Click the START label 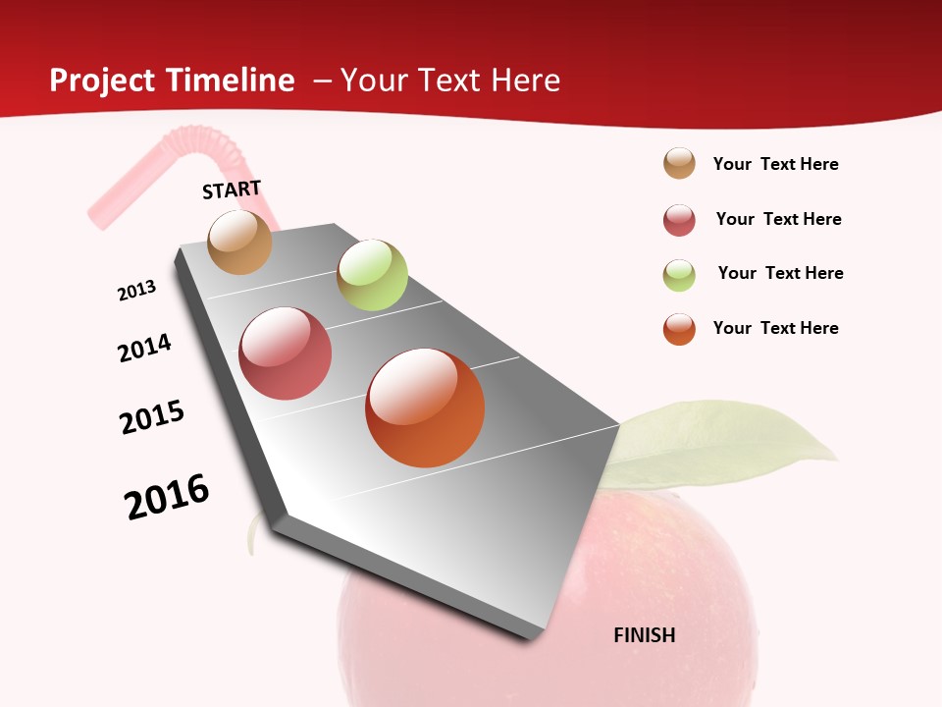click(232, 190)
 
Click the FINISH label click(645, 635)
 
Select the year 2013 click(137, 290)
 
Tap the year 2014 click(145, 348)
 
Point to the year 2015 click(152, 417)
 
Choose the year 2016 click(167, 497)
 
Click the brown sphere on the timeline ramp click(240, 242)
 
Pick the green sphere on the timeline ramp click(372, 275)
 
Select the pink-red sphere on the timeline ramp click(286, 353)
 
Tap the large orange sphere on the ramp click(425, 408)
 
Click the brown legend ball click(679, 164)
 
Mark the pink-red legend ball click(679, 220)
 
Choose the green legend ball click(679, 275)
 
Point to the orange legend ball click(679, 329)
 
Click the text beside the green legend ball click(780, 273)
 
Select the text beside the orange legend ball click(775, 328)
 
